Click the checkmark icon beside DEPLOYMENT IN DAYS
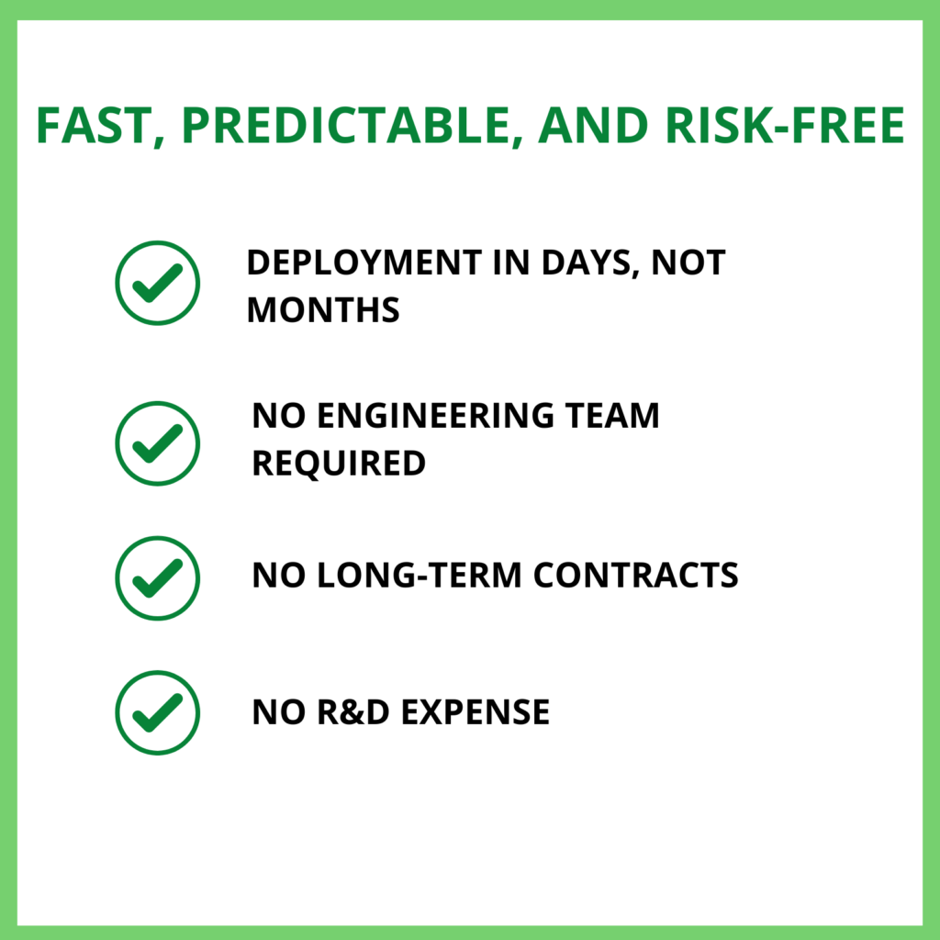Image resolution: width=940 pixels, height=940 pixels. (157, 283)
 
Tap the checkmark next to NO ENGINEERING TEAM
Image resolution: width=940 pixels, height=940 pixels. (157, 442)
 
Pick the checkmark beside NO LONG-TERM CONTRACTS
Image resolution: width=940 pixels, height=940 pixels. (157, 577)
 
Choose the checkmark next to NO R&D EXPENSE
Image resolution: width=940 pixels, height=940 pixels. (157, 712)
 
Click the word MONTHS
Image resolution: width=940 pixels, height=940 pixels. (323, 310)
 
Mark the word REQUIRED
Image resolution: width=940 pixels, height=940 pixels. (339, 463)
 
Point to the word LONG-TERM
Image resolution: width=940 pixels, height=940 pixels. (420, 576)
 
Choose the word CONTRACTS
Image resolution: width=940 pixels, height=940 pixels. (636, 576)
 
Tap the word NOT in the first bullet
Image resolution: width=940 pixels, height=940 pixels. (694, 263)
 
